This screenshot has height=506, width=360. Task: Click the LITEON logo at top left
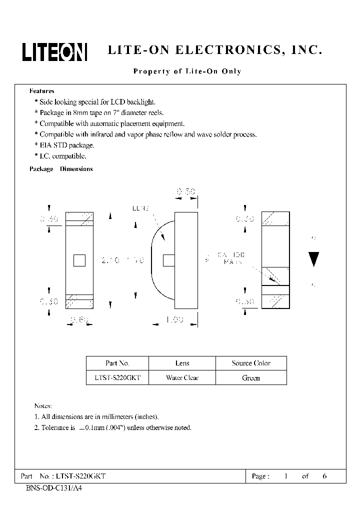point(54,51)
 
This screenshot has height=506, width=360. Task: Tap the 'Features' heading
point(42,91)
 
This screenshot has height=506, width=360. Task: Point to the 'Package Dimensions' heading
point(61,169)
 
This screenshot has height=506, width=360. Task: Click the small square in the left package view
point(79,260)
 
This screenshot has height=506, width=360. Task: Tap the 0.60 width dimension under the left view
point(79,320)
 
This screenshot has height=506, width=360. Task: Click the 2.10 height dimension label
point(110,260)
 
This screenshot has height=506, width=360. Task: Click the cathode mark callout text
point(230,258)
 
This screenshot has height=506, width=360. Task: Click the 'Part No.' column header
point(117,363)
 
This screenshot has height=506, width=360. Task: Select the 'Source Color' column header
point(251,363)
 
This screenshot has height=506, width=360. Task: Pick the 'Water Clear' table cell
point(182,378)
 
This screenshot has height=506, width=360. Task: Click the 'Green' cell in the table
point(251,378)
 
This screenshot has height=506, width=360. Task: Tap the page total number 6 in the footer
point(324,476)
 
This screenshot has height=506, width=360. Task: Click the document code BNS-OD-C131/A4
point(53,488)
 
